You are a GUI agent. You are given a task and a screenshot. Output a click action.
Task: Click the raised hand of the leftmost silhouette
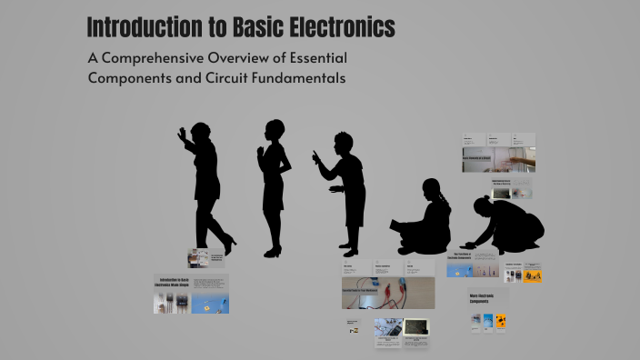click(x=182, y=134)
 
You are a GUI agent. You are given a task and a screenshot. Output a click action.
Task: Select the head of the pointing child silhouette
click(x=343, y=143)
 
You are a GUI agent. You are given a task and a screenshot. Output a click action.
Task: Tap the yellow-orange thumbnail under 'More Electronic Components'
click(x=500, y=321)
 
